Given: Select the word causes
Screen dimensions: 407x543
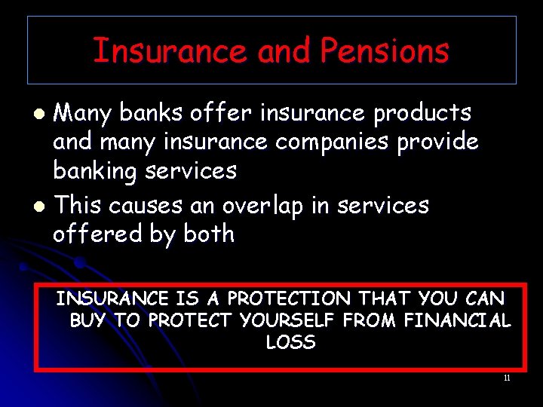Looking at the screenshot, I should click(x=136, y=205).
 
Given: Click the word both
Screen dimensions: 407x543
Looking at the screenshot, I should click(x=208, y=234).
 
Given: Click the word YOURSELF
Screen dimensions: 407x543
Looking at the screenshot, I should click(x=287, y=320).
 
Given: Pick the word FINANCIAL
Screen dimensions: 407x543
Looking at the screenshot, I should click(x=456, y=320).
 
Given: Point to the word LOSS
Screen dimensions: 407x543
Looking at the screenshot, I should click(x=290, y=342).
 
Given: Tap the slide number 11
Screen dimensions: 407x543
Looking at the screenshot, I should click(x=507, y=378).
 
